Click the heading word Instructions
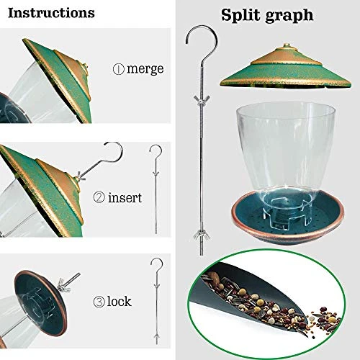click(x=51, y=13)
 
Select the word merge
click(x=145, y=69)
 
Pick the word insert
click(x=125, y=198)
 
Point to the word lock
click(x=120, y=301)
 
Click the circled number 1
click(x=119, y=69)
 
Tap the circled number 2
click(x=99, y=197)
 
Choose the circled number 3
click(x=99, y=302)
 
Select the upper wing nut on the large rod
click(x=201, y=100)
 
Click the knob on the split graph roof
click(x=287, y=45)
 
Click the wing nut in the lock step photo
click(x=61, y=284)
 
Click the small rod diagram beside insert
click(x=156, y=189)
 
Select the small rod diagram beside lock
click(x=157, y=301)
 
